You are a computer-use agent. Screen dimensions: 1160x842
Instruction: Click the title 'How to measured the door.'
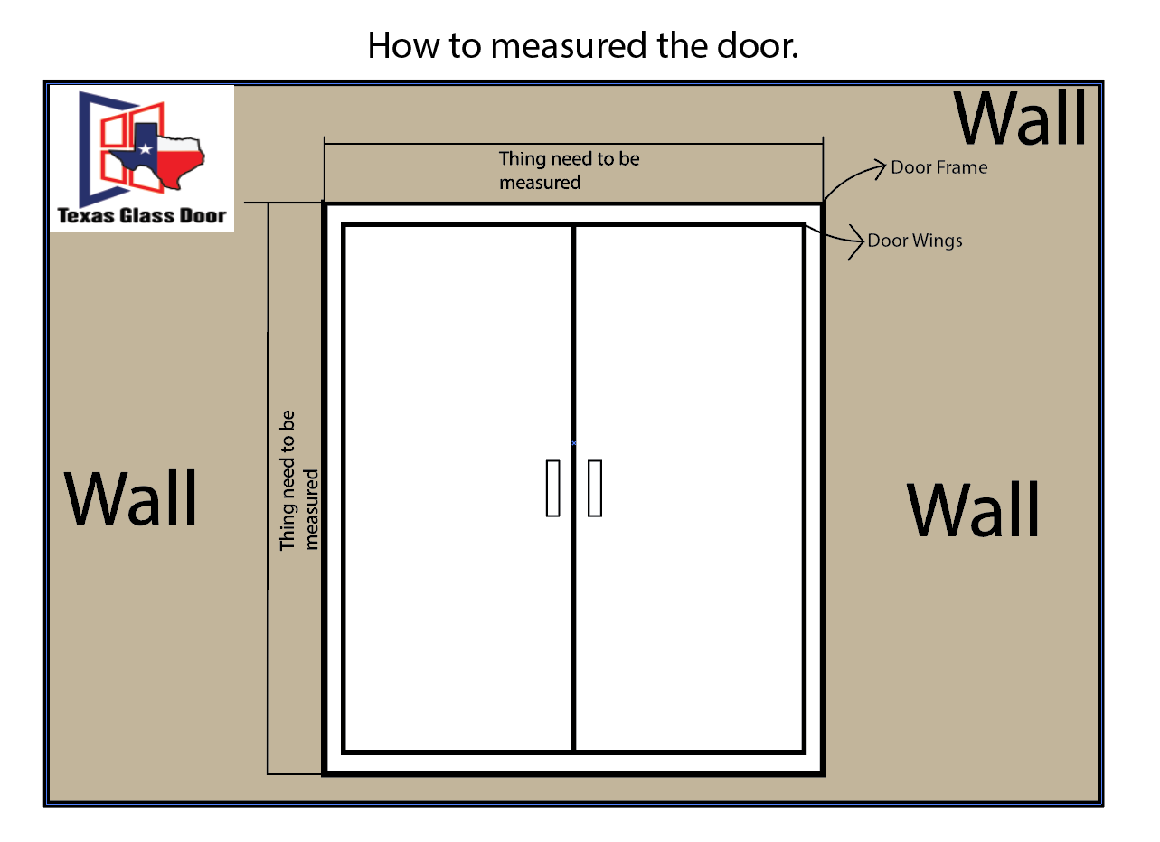click(x=582, y=45)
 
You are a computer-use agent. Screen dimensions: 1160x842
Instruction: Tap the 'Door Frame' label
click(x=938, y=167)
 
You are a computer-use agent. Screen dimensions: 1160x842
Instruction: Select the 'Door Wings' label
click(x=915, y=241)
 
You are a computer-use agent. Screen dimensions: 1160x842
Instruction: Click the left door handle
click(x=552, y=488)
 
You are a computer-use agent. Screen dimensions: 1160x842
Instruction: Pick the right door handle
click(x=595, y=488)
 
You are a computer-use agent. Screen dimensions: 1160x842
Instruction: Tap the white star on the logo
click(x=145, y=149)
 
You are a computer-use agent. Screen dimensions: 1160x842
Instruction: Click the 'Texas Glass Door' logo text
click(x=141, y=215)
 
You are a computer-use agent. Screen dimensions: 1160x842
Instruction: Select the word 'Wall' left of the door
click(x=130, y=498)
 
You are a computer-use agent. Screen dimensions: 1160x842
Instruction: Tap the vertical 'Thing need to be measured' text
click(x=298, y=480)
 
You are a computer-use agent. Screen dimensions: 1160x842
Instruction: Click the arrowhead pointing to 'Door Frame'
click(x=880, y=169)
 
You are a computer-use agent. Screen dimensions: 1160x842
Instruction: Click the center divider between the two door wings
click(x=574, y=488)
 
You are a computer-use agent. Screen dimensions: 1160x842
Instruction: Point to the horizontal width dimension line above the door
click(x=574, y=144)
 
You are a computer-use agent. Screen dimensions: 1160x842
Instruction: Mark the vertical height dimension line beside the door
click(x=268, y=488)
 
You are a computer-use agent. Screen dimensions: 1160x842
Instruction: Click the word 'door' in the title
click(x=758, y=45)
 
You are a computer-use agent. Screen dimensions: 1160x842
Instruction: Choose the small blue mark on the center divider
click(x=574, y=443)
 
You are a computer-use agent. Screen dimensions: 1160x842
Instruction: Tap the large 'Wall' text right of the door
click(x=973, y=509)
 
